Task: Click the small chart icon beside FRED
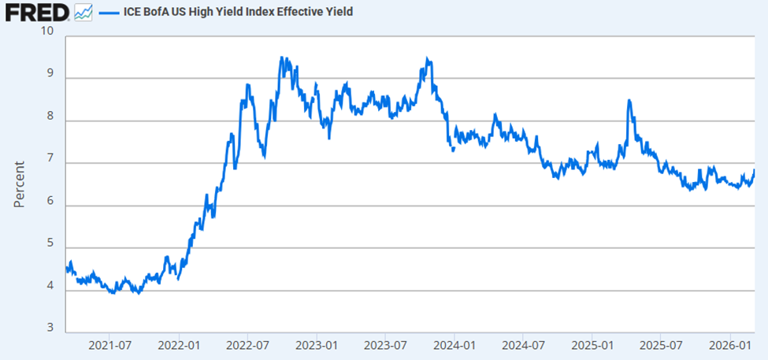(83, 12)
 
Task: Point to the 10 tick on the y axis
(48, 31)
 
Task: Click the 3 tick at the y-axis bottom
(50, 328)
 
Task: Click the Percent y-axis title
(20, 183)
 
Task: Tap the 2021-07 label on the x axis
(109, 345)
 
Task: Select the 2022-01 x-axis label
(179, 345)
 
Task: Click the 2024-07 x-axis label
(524, 345)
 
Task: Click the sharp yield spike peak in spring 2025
(629, 101)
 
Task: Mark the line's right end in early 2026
(754, 170)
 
